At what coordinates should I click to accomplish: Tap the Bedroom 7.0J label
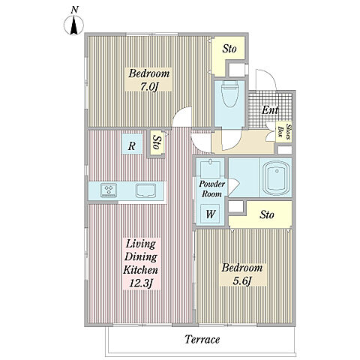pos(148,79)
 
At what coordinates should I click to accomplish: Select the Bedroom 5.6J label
pos(242,274)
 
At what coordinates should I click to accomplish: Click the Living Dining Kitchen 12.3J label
pos(141,264)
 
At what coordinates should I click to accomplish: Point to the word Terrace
pos(202,340)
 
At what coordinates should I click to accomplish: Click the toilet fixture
pos(229,94)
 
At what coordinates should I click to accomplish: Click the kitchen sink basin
pos(145,190)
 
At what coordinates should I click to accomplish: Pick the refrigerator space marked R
pos(132,145)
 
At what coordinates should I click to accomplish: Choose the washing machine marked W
pos(210,214)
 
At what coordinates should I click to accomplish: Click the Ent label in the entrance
pos(270,110)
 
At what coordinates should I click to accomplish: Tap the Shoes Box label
pos(284,132)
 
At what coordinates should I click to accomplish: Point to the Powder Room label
pos(211,189)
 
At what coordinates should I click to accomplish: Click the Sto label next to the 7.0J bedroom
pos(229,49)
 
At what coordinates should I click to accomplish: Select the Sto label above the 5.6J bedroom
pos(266,214)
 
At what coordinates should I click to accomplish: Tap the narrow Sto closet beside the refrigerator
pos(157,143)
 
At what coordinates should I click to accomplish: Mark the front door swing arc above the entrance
pos(268,75)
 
